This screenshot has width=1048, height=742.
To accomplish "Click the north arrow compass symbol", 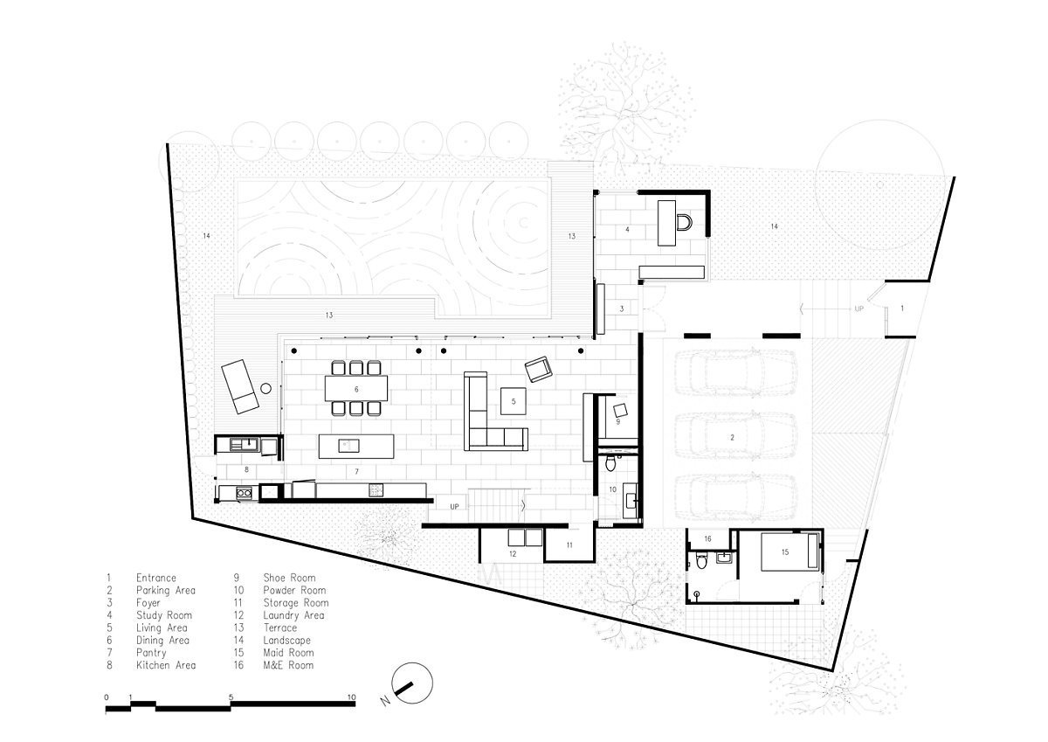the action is [x=411, y=683].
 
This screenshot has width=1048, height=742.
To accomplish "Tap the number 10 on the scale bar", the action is [x=352, y=697].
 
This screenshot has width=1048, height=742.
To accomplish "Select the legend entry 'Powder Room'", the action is [x=294, y=590].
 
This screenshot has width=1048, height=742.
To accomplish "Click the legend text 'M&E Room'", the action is [x=288, y=665].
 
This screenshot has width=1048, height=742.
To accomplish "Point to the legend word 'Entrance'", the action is [x=156, y=578].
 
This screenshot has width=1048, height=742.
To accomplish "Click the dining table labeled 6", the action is [x=356, y=389].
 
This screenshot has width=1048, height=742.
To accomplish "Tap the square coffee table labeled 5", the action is [x=514, y=401].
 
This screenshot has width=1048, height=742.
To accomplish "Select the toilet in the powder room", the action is [x=610, y=463].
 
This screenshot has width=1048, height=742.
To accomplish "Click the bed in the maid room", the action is [x=790, y=552].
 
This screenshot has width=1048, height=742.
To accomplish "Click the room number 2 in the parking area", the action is [x=732, y=438].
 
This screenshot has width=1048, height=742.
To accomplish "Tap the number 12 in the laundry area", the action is [x=513, y=554].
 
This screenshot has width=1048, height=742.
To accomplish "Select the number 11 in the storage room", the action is [x=569, y=544].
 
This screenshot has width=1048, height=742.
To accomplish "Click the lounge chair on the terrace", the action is [x=240, y=386].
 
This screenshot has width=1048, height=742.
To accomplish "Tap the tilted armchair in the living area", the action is [x=539, y=370].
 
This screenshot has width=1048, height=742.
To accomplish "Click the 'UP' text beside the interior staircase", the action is [x=454, y=507].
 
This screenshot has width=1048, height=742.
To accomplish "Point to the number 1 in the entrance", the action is [x=902, y=309].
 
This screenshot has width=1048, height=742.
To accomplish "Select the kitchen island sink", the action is [x=349, y=446].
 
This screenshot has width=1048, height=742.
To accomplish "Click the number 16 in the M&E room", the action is [x=708, y=539].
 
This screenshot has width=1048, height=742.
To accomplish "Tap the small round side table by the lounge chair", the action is [x=265, y=388].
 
